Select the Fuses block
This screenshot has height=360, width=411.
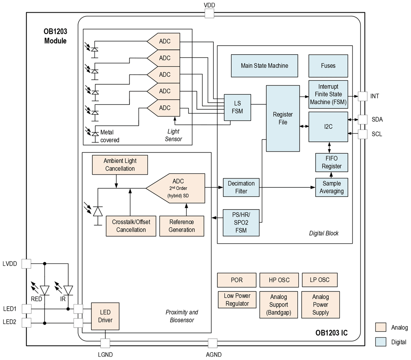pos(328,66)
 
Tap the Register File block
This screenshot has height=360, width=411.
pos(283,118)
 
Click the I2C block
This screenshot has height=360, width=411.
pos(328,127)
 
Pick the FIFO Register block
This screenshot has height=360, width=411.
pos(331,162)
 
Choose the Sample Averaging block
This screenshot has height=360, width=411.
pos(331,187)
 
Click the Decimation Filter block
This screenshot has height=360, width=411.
pos(241,187)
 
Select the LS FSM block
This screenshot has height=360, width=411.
pos(238,107)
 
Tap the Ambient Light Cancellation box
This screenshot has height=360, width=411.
pos(120,164)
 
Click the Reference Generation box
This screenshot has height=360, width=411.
pos(182,226)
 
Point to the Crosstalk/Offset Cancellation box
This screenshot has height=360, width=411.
pos(131,226)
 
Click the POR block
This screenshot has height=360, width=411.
pos(237,280)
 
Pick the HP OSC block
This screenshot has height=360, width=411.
pos(279,280)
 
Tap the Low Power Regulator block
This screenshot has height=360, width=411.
pos(237,300)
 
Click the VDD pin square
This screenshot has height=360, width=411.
pos(210,14)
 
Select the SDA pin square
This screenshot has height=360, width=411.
pos(363,120)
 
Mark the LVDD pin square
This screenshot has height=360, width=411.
pos(26,263)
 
